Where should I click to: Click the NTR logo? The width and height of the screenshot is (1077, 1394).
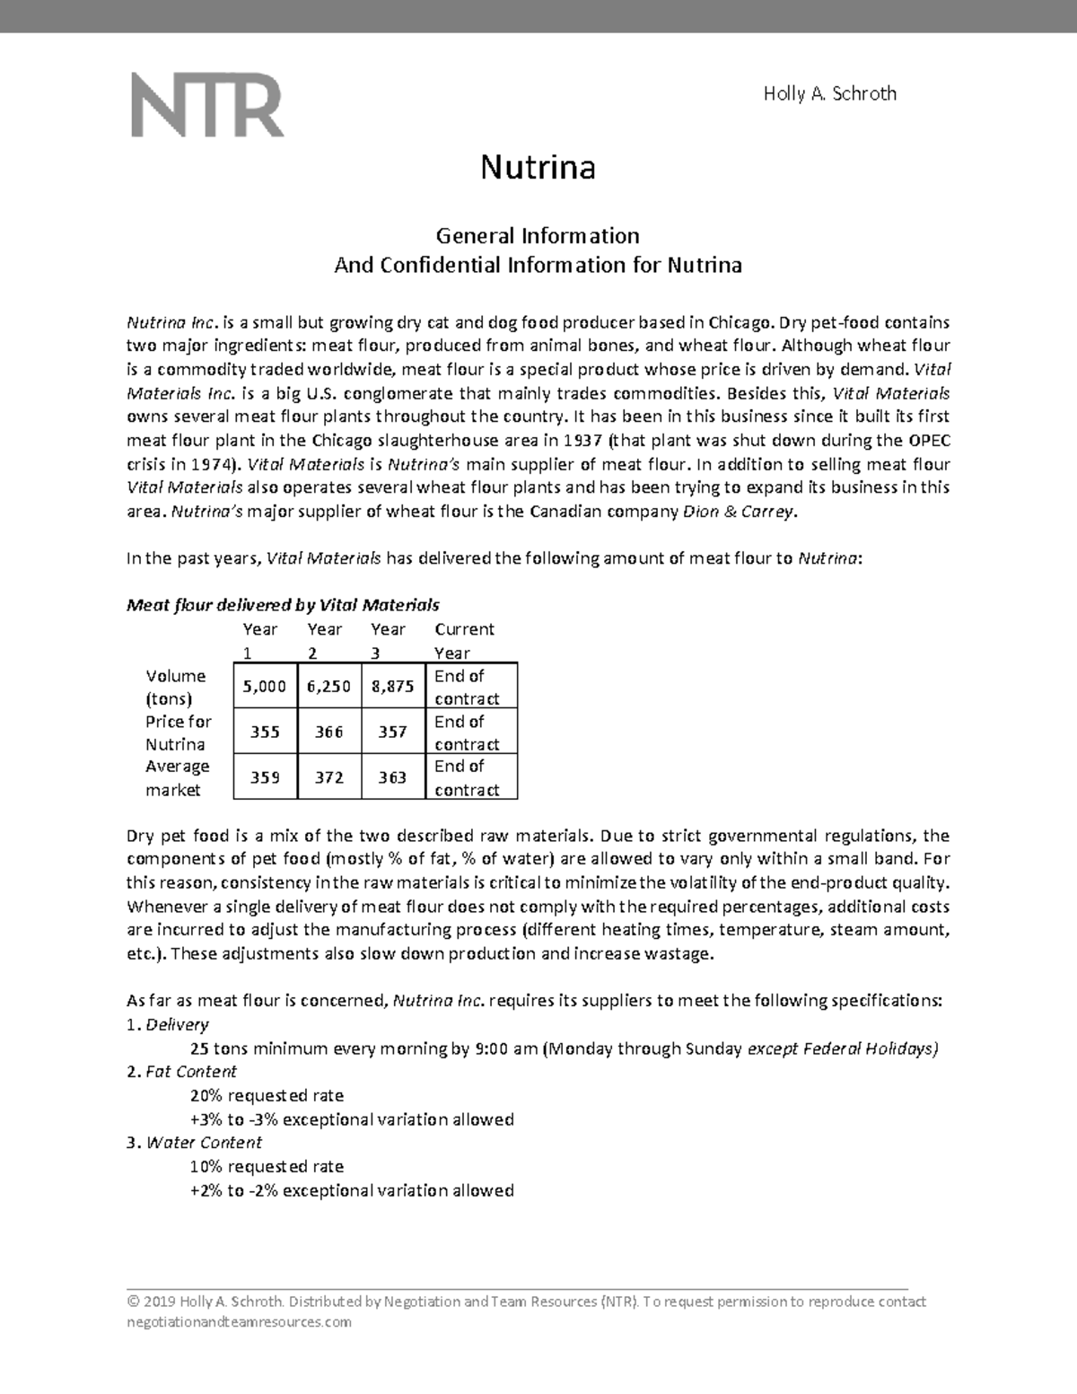coord(208,106)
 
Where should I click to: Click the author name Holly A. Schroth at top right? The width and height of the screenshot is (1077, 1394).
coord(829,93)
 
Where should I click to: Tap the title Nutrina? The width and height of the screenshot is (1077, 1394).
coord(538,167)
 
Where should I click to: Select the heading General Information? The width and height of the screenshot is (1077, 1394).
coord(538,236)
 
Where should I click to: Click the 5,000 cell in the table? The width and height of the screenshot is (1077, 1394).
coord(264,687)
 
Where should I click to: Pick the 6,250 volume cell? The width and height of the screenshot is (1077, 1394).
coord(328,687)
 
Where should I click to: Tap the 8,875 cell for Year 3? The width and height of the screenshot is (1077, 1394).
coord(392,687)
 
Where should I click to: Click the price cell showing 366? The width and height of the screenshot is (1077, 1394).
coord(328,732)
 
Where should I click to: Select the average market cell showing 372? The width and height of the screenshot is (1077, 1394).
coord(328,777)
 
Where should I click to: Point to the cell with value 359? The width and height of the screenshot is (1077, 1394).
coord(264,777)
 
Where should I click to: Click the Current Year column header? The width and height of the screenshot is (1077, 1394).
coord(464,641)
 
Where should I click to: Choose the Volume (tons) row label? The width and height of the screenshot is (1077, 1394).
coord(176,687)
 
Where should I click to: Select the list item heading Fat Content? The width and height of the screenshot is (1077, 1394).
coord(191,1072)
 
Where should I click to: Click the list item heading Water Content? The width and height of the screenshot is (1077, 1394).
coord(204,1143)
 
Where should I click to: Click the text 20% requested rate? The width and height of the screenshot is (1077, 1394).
coord(267,1095)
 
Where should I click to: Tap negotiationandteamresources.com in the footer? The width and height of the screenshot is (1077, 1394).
coord(240,1322)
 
